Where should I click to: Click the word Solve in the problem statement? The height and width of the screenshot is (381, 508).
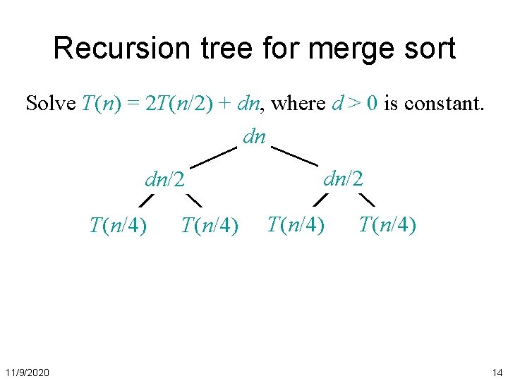pos(51,104)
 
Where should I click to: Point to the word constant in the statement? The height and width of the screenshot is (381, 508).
pos(442,104)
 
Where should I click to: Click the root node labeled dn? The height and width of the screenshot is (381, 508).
pos(254,135)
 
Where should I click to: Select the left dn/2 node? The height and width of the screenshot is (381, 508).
pos(164,181)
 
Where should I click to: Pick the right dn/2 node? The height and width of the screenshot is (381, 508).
pos(343,179)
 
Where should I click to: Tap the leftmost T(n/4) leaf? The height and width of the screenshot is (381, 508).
pos(118,226)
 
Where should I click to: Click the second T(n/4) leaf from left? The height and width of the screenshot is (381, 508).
pos(210,226)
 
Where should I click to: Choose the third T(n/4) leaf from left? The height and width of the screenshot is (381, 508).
pos(296,225)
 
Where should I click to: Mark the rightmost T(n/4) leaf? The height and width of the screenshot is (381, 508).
pos(387,225)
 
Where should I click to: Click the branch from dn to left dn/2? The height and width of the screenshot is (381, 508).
pos(213,157)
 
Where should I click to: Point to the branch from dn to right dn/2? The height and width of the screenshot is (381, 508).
pos(294,155)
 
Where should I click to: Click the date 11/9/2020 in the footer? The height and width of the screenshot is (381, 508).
pos(27,372)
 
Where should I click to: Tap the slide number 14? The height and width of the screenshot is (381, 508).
pos(497,372)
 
